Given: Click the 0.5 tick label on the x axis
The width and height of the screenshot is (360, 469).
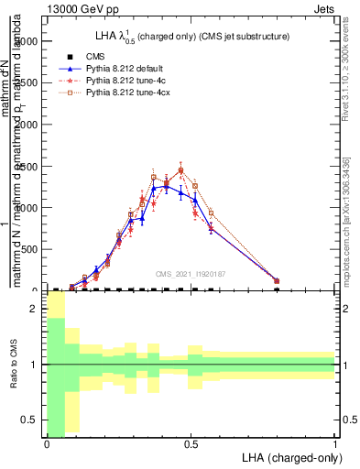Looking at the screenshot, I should (x=191, y=444).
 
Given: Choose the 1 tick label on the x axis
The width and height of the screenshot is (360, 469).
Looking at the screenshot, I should (x=335, y=444).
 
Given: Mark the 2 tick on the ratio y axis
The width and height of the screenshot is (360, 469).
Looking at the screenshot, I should (x=36, y=310).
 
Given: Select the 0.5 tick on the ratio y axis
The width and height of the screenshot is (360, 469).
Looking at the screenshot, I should (x=32, y=420).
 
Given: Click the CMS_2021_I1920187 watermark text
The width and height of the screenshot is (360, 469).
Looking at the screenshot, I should (x=191, y=273).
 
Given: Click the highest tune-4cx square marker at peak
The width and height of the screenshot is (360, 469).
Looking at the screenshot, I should (x=180, y=170).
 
